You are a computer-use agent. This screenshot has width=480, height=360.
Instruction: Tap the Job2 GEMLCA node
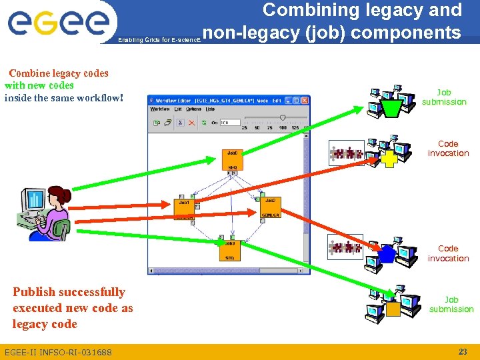point(270,207)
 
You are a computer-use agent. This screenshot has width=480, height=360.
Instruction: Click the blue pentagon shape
point(388,254)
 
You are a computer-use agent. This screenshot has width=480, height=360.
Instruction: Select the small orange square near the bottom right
point(393,309)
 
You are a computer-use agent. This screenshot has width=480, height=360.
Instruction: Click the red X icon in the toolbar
point(191,123)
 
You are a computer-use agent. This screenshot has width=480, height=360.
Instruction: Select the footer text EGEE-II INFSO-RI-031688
point(58,352)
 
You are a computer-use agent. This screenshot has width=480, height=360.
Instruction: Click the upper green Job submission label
point(444,97)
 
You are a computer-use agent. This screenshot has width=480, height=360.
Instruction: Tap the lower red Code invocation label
point(448,253)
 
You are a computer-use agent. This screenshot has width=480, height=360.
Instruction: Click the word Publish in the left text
point(35,292)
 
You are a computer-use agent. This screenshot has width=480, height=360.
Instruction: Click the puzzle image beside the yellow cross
point(346,153)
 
